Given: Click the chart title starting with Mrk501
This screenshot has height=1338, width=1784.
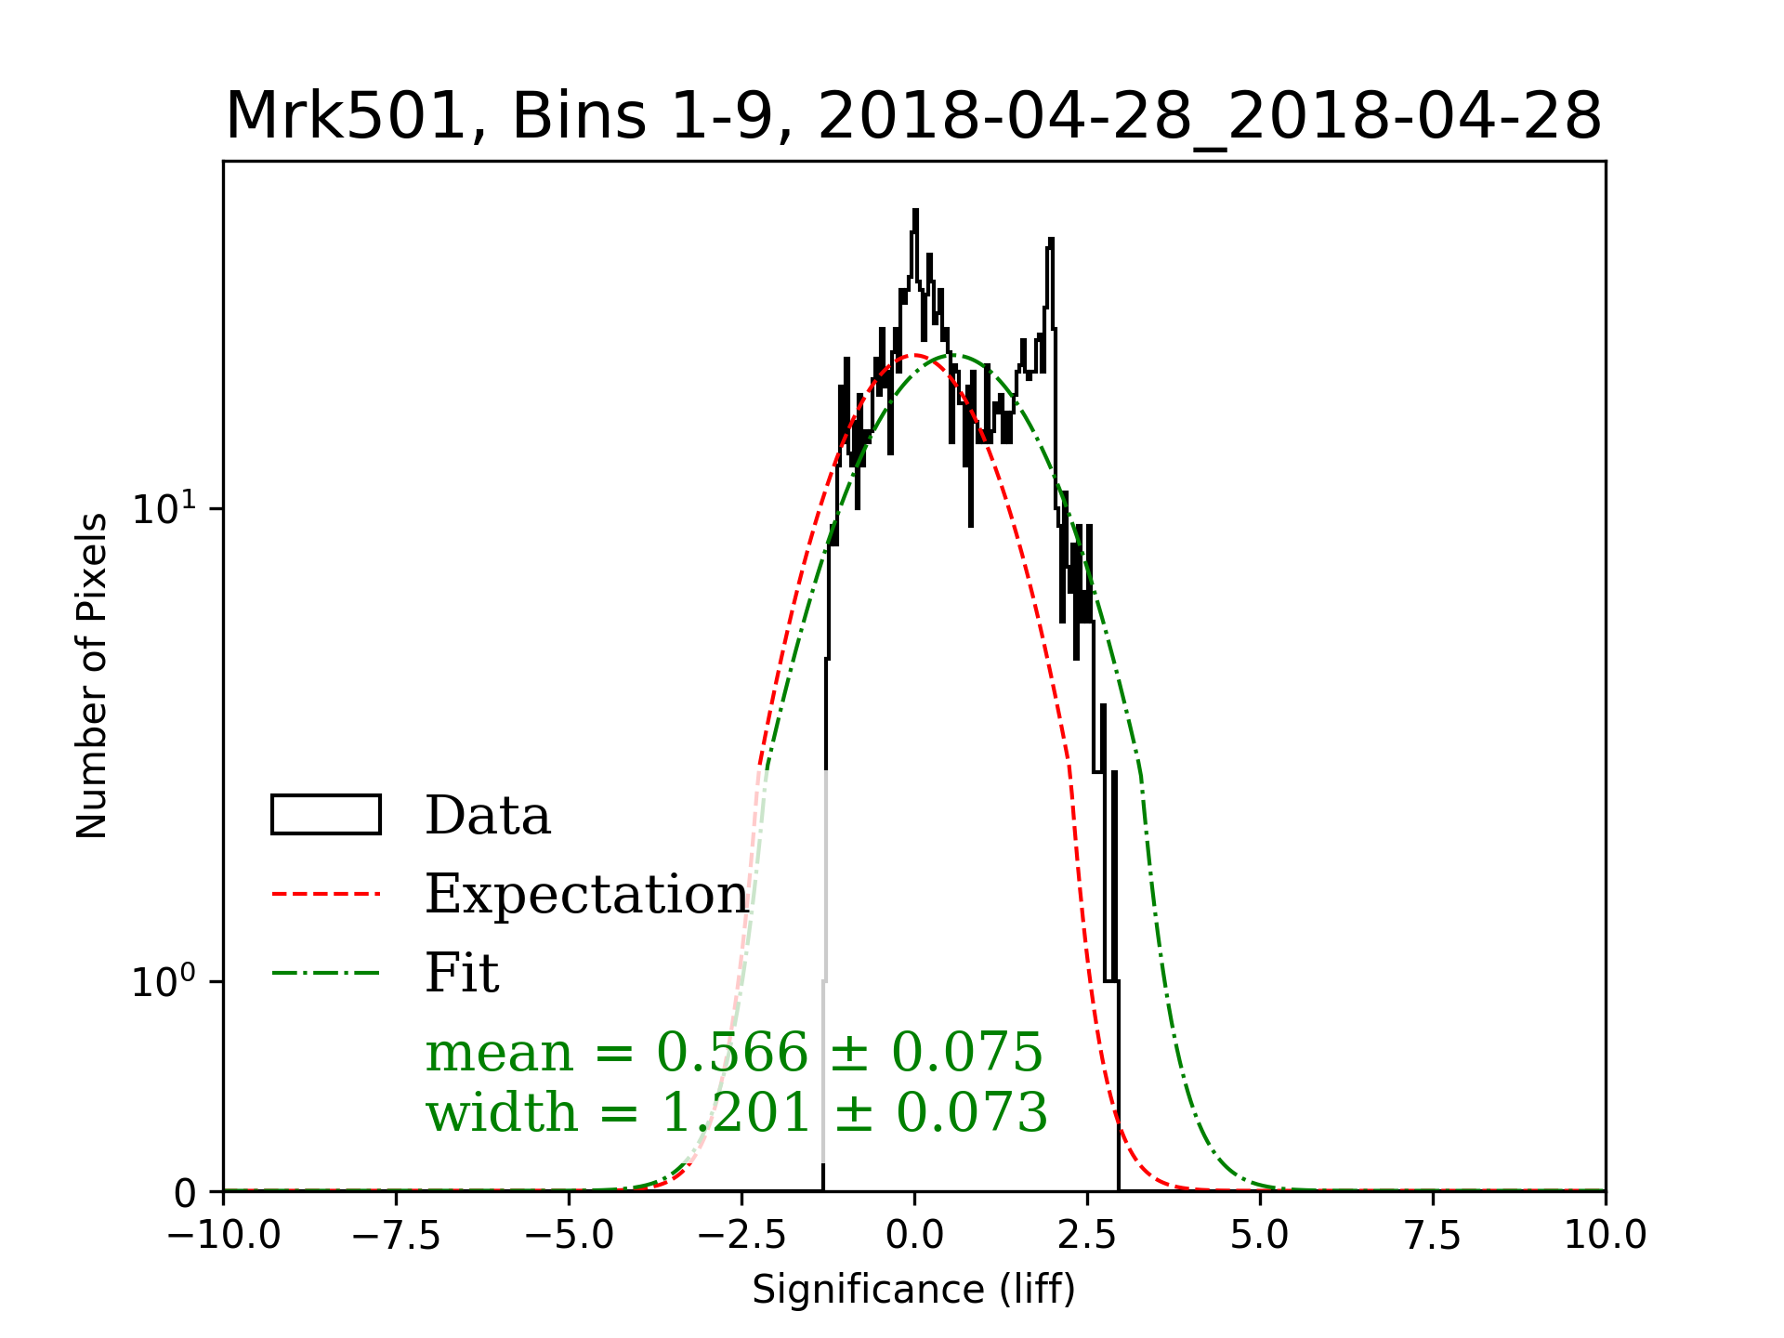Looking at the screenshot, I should [x=913, y=117].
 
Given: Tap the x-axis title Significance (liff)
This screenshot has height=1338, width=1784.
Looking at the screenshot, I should [x=913, y=1290].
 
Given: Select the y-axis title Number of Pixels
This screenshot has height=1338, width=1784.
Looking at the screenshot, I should [x=92, y=676].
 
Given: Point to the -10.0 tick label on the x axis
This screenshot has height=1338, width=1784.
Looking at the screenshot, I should [x=224, y=1236].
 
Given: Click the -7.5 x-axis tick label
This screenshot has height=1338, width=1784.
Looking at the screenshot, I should [x=397, y=1236].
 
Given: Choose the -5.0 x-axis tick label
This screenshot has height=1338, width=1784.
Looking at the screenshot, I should [x=570, y=1236].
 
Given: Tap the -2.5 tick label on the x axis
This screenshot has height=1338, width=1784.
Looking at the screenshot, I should [x=741, y=1236].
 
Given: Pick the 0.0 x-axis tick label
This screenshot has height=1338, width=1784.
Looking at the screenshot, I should [x=914, y=1236].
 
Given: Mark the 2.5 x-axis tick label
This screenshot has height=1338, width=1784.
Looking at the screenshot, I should [x=1087, y=1236].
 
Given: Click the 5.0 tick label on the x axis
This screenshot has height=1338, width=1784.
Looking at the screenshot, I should [x=1260, y=1236].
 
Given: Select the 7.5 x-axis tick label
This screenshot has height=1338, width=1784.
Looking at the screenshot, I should [x=1433, y=1236].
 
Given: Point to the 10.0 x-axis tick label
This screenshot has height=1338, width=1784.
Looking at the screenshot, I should [x=1605, y=1236].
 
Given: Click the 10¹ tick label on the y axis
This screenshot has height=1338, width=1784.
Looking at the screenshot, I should [x=164, y=508].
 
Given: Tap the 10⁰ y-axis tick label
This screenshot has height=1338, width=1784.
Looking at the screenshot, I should [x=164, y=981].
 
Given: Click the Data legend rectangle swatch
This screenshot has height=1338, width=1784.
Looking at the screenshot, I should [x=325, y=815].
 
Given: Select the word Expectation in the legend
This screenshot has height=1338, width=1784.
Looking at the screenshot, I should [x=586, y=894].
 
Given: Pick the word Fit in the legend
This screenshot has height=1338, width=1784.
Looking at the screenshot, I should [x=462, y=973].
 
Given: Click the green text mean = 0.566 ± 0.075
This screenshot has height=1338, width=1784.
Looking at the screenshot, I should [x=734, y=1053].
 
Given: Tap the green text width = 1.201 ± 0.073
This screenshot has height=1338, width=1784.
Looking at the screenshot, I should [x=736, y=1112].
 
